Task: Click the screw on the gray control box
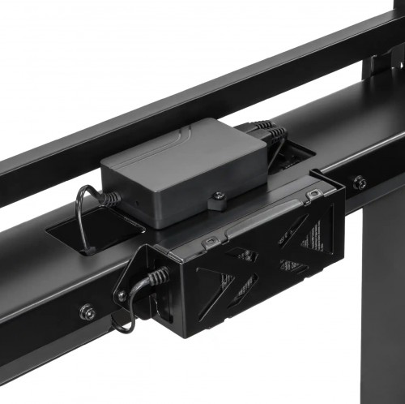coord(218,196)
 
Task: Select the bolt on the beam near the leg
coord(359,183)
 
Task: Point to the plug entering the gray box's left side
coord(106,197)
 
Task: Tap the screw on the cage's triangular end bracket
coord(122,295)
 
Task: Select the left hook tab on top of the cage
coord(209,242)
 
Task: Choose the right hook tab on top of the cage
coord(311,194)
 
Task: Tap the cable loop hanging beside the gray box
coord(81,219)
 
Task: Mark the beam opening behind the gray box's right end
coord(296,154)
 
